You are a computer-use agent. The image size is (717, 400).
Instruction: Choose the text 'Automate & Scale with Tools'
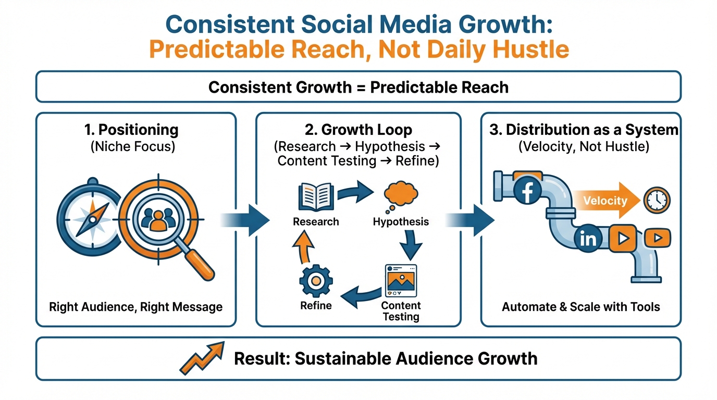(581, 307)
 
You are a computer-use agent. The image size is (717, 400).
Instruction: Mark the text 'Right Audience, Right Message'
(135, 307)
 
